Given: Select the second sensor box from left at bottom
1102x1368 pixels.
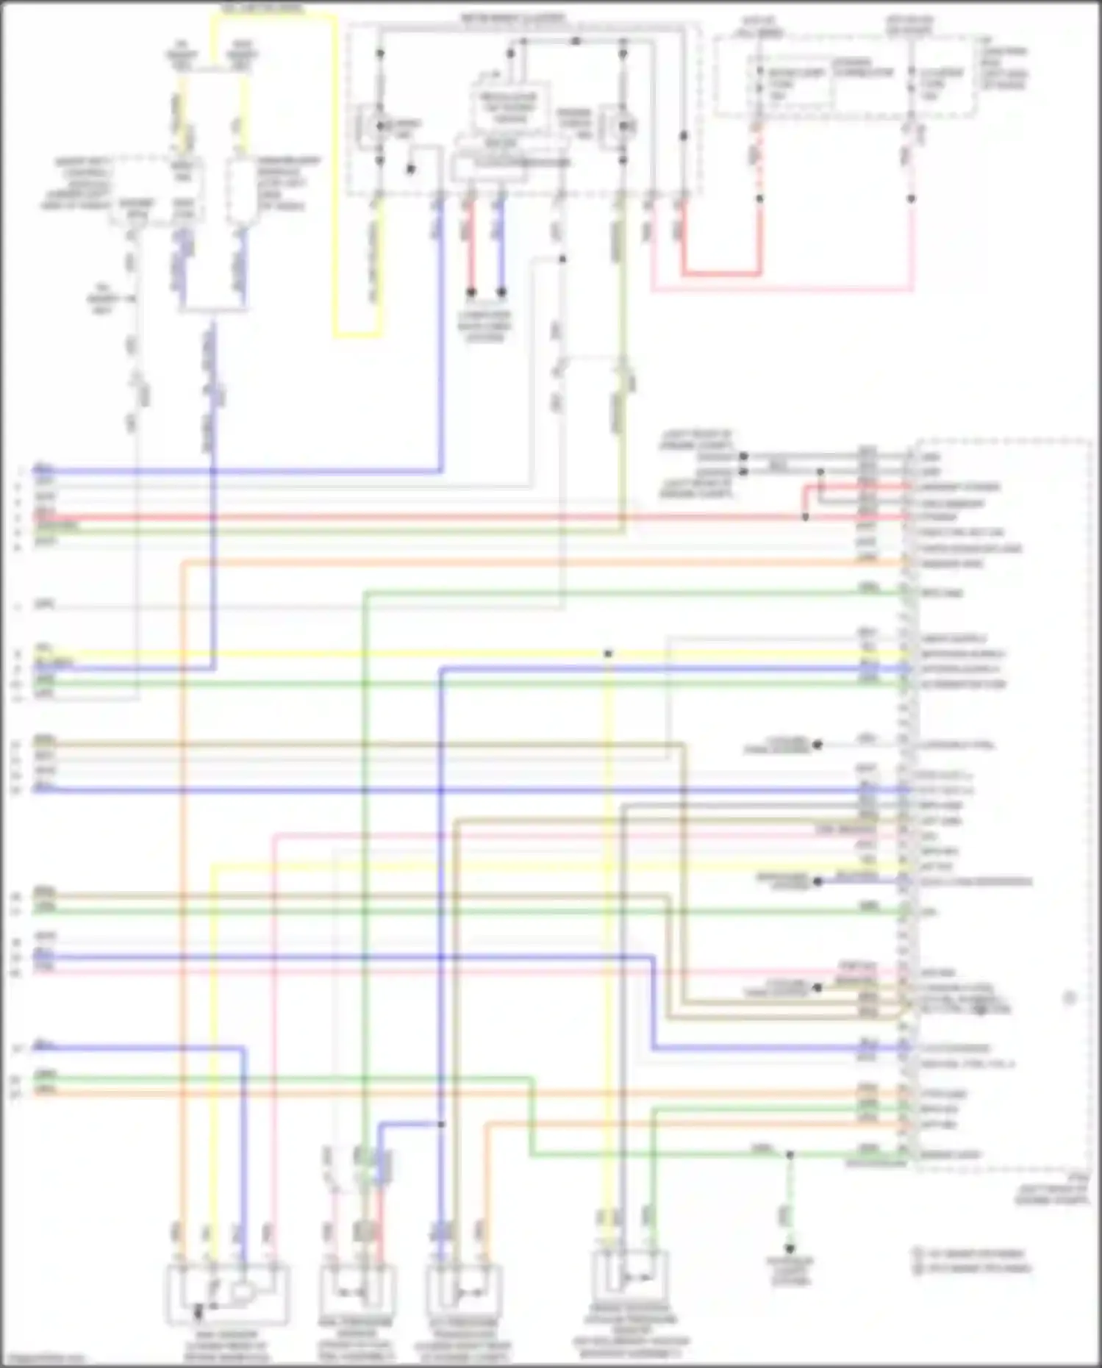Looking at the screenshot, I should tap(358, 1292).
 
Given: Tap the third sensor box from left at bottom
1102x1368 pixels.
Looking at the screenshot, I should tap(464, 1292).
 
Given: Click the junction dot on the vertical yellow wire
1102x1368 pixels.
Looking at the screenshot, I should tap(608, 653).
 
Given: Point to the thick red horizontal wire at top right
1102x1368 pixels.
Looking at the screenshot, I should tap(720, 274).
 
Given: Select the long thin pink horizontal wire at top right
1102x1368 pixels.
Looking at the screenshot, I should tap(779, 290).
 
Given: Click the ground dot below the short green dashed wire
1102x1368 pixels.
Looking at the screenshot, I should tap(790, 1249).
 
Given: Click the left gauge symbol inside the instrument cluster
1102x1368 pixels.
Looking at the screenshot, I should tap(380, 126).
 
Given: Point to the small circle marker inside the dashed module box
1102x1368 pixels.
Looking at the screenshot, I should tap(1070, 998).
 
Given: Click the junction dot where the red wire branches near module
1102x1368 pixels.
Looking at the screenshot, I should tap(806, 518).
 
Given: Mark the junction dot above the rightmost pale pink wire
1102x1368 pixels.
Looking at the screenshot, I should tap(911, 198).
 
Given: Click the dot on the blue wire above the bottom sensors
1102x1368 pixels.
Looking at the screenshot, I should tap(441, 1124).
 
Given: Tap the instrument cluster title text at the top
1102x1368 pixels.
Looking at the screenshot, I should tap(513, 16).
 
